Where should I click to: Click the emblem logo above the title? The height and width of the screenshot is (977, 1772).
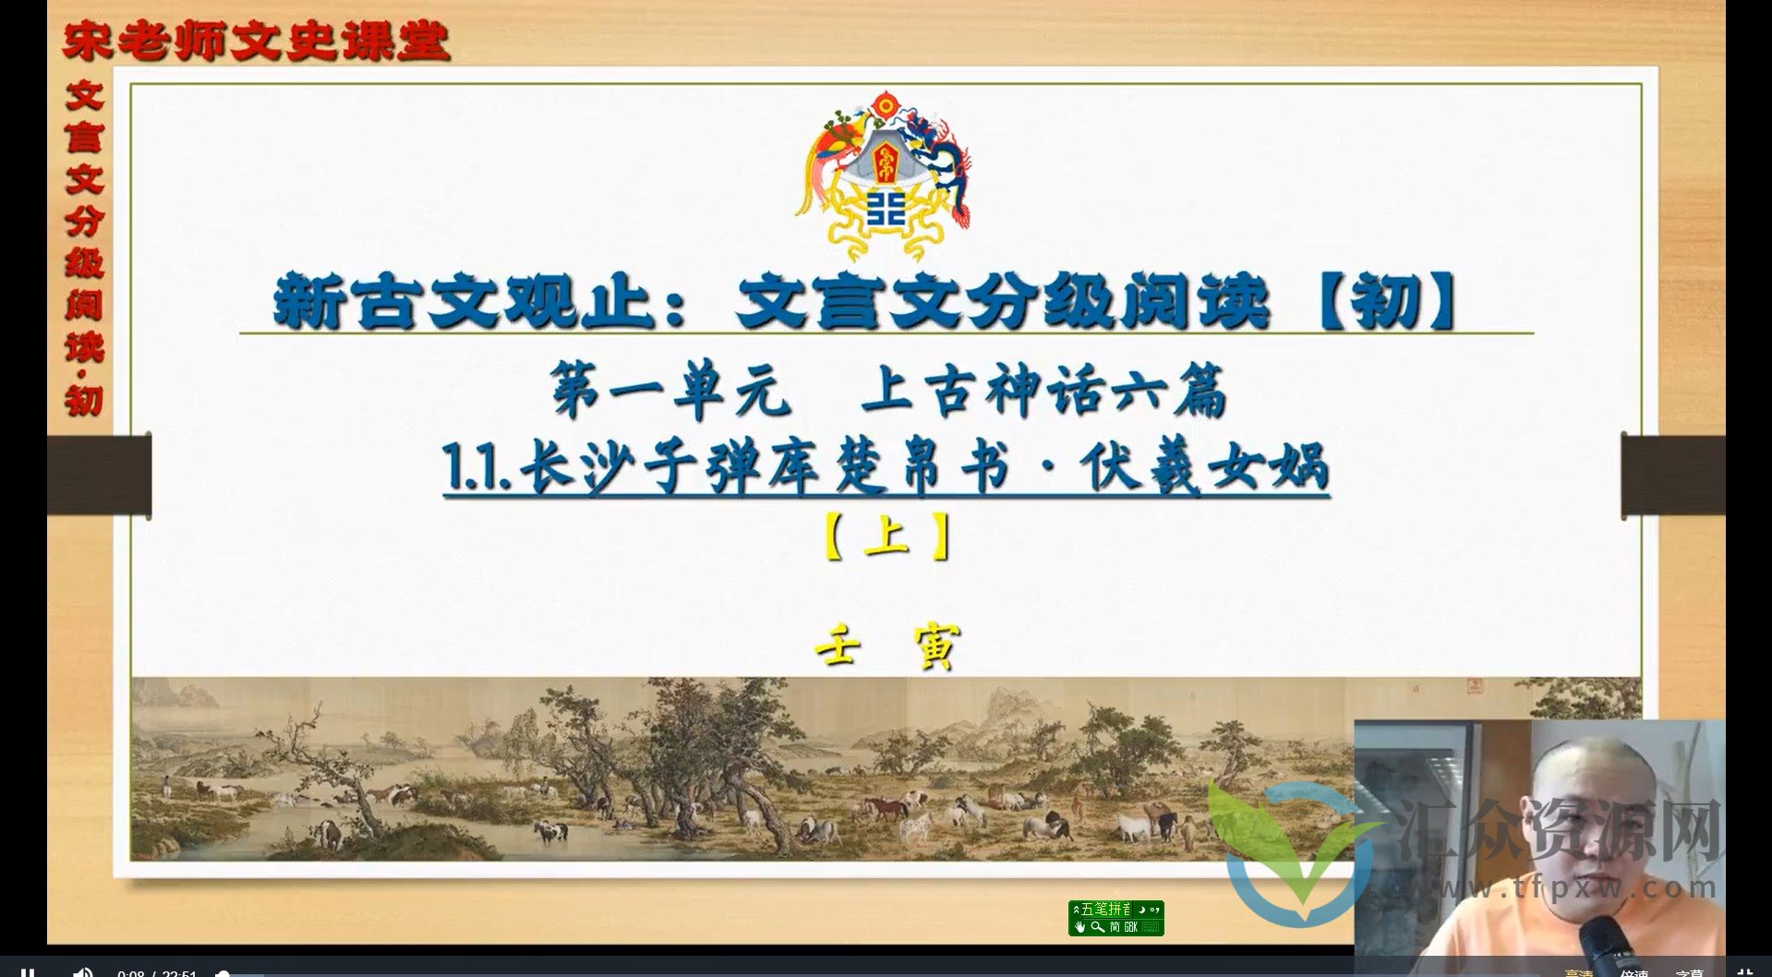coord(885,175)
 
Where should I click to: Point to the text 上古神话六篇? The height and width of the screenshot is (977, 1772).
coord(1043,391)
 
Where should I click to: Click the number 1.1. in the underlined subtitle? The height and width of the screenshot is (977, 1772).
coord(476,468)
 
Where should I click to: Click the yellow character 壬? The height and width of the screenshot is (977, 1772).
coord(838,645)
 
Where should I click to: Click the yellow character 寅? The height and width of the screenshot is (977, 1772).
coord(934,645)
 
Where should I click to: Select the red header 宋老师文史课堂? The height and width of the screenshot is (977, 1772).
coord(256,42)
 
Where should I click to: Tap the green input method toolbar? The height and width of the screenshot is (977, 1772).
coord(1115,918)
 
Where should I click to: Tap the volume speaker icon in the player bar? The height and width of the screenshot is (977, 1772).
coord(82,971)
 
